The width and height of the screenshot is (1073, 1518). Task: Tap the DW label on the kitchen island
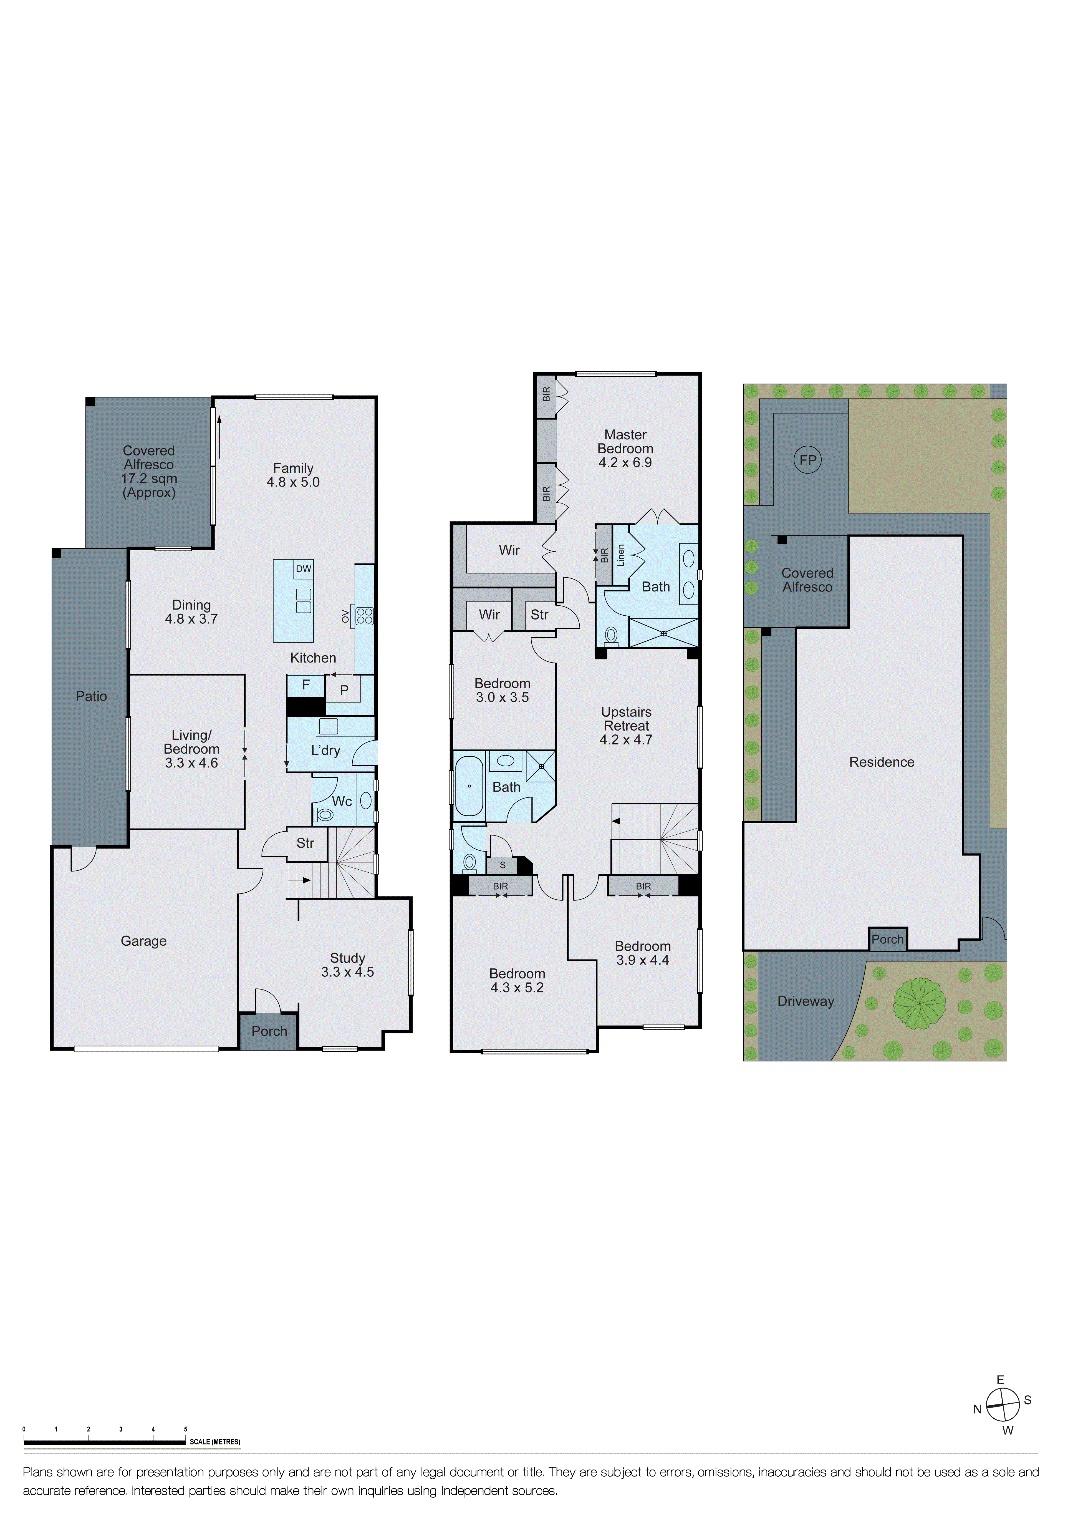click(304, 568)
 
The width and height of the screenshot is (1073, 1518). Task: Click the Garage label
click(143, 941)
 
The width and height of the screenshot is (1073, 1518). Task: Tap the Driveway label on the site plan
click(805, 1001)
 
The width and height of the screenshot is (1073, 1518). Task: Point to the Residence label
click(881, 762)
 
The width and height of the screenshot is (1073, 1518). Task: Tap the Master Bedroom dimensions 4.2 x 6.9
click(625, 463)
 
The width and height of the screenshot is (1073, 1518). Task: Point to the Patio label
click(91, 696)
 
